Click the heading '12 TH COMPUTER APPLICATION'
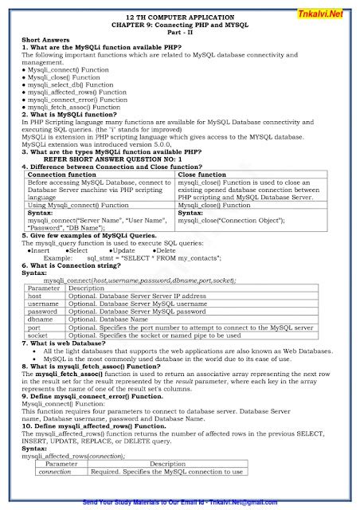(x=179, y=17)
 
